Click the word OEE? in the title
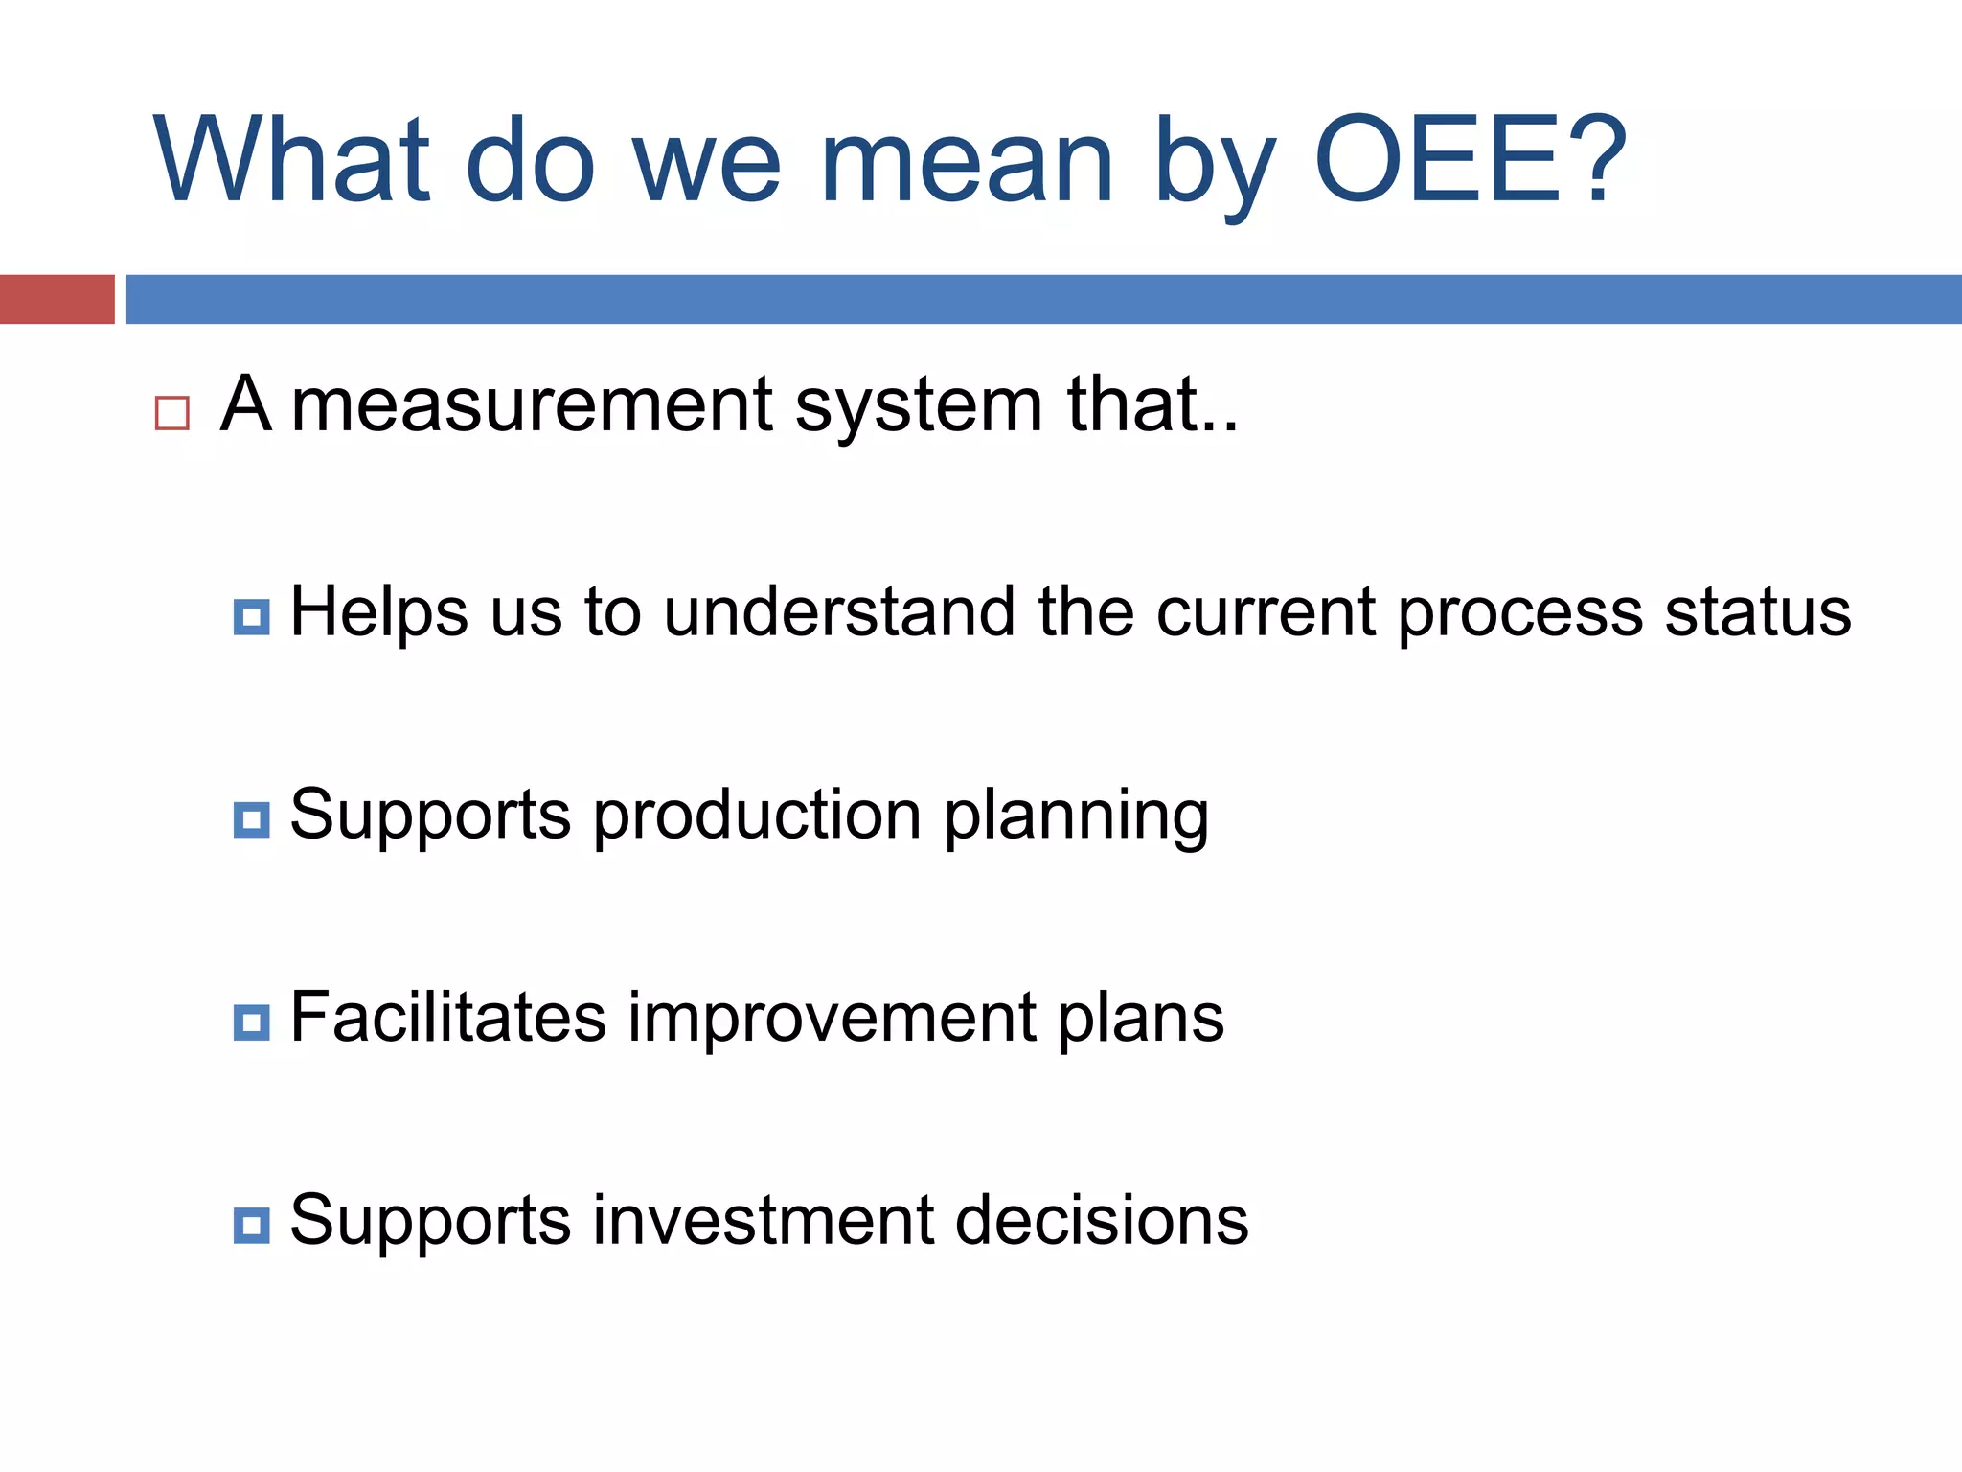pos(1471,161)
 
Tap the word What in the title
pos(291,161)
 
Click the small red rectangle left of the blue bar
pos(57,299)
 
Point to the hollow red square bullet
pos(172,413)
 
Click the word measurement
pos(532,406)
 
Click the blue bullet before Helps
pos(251,617)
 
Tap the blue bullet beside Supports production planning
pos(251,820)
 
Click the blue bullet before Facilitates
pos(251,1023)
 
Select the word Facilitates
pos(447,1017)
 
